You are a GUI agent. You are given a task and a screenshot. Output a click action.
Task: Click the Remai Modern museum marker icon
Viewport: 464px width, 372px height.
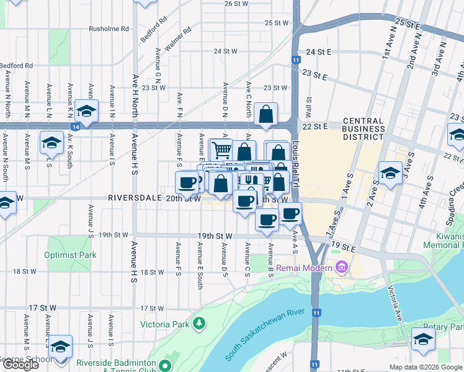click(341, 267)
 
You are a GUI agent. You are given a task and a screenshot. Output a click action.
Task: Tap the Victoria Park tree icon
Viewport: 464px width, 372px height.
click(199, 323)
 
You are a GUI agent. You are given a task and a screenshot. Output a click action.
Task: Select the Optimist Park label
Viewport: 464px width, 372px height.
click(70, 255)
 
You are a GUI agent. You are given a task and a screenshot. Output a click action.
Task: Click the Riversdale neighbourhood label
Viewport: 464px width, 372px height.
click(131, 198)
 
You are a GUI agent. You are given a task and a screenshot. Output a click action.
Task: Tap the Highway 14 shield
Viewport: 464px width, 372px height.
click(75, 126)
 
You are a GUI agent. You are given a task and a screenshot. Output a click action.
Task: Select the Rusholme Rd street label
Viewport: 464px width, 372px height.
click(109, 29)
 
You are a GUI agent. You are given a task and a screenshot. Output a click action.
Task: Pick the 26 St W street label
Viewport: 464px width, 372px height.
click(236, 4)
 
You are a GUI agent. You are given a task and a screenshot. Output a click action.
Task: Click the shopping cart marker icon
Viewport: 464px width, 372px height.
click(221, 149)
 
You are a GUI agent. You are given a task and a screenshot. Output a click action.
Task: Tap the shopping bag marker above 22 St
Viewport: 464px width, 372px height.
click(265, 114)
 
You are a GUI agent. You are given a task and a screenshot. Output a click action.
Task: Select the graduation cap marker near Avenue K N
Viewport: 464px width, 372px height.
click(87, 111)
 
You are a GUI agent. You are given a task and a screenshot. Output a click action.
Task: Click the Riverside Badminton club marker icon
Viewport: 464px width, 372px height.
click(164, 365)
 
